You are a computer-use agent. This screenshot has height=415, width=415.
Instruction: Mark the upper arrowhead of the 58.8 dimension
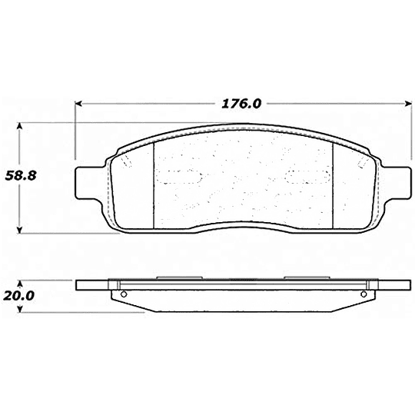point(21,123)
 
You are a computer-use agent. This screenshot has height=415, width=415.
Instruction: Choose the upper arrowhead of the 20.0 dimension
point(21,283)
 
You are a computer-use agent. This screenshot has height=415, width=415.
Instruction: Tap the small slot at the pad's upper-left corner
point(124,161)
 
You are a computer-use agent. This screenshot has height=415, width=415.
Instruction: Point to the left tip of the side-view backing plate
point(78,286)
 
